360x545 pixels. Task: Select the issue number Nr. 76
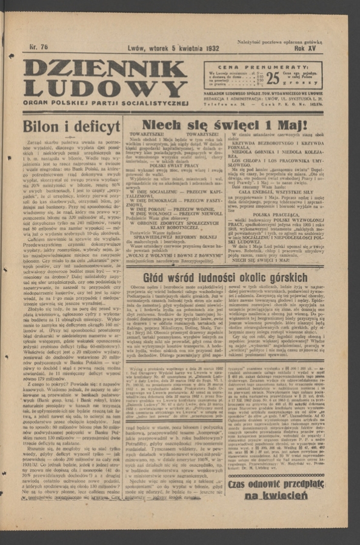click(38, 47)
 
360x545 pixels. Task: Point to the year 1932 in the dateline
click(207, 47)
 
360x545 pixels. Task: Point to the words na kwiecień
click(276, 496)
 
